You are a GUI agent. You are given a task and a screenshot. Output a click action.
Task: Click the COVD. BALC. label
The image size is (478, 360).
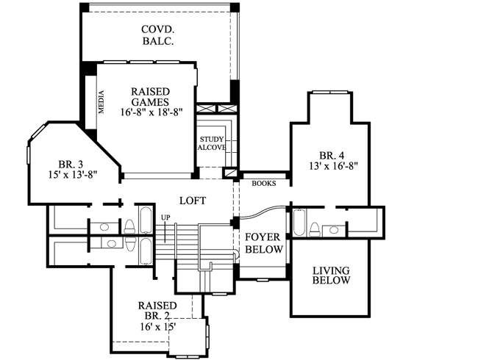pyautogui.click(x=158, y=35)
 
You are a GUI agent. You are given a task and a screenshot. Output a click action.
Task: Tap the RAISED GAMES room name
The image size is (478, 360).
pyautogui.click(x=151, y=96)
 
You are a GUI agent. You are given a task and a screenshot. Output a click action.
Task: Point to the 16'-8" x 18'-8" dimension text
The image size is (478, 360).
pyautogui.click(x=151, y=112)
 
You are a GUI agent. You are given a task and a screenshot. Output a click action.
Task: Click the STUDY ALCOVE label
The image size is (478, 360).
pyautogui.click(x=211, y=143)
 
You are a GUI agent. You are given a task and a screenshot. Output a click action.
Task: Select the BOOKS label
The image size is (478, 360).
pyautogui.click(x=263, y=184)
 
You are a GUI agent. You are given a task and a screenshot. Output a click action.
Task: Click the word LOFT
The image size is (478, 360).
pyautogui.click(x=192, y=201)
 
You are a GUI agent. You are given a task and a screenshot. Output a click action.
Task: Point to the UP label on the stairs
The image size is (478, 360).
pyautogui.click(x=165, y=218)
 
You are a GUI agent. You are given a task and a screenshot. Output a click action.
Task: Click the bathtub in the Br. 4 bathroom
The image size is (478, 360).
pyautogui.click(x=299, y=222)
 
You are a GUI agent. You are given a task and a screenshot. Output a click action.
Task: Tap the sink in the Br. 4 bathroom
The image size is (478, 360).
pyautogui.click(x=335, y=230)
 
